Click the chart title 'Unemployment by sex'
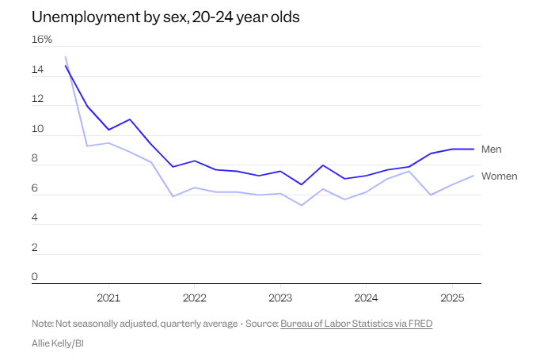pos(165,17)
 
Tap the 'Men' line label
pos(491,149)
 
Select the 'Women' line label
pos(499,176)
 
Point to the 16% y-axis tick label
pos(42,40)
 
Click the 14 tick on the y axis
pos(37,70)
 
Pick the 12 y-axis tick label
pos(37,99)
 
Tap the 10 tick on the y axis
pos(37,129)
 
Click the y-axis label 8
pos(35,158)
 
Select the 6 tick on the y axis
pos(35,188)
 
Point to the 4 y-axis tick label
pos(35,218)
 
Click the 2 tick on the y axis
pos(35,248)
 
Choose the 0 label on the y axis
pos(35,277)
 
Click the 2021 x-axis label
pos(108,298)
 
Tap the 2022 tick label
pos(194,298)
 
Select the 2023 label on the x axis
pos(279,298)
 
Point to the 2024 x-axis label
pos(365,298)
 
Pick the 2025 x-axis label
pos(451,298)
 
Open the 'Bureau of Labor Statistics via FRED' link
pos(356,324)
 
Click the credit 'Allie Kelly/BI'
pos(58,343)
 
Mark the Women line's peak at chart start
pos(65,57)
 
